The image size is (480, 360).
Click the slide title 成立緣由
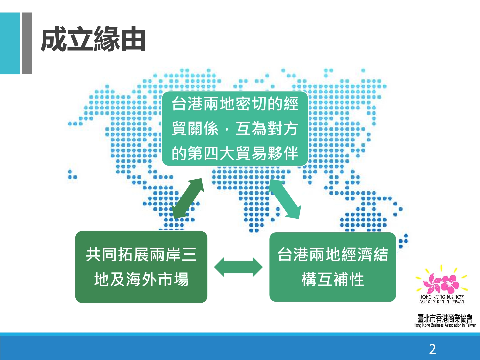pos(93,39)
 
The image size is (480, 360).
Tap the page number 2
pos(432,349)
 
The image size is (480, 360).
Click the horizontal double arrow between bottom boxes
pos(238,267)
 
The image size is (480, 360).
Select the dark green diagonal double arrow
pos(188,198)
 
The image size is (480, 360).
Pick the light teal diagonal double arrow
pos(285,198)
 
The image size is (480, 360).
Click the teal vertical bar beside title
pos(10,43)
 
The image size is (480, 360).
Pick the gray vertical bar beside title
pos(27,43)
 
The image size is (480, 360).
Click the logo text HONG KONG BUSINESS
pos(442,297)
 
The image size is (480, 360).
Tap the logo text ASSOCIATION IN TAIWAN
pos(442,302)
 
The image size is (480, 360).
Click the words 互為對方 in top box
pos(267,129)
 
